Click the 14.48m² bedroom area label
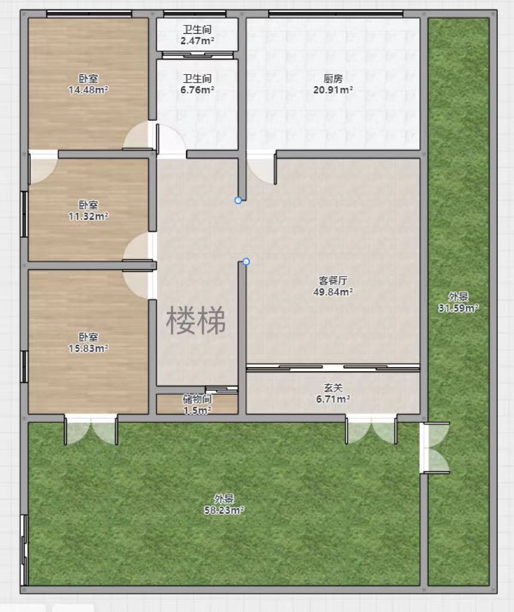[88, 84]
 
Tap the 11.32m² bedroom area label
[88, 210]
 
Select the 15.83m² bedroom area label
[88, 342]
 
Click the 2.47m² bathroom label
[197, 35]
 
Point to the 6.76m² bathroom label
[197, 84]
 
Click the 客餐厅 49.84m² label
[333, 286]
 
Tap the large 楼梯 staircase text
[196, 320]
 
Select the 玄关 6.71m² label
[333, 393]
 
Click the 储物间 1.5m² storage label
[197, 405]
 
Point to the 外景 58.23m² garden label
[224, 504]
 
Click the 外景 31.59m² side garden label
[458, 302]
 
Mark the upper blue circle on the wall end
[238, 200]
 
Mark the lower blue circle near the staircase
[246, 262]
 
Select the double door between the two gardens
[435, 448]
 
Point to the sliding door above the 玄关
[333, 368]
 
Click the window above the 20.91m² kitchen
[336, 14]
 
